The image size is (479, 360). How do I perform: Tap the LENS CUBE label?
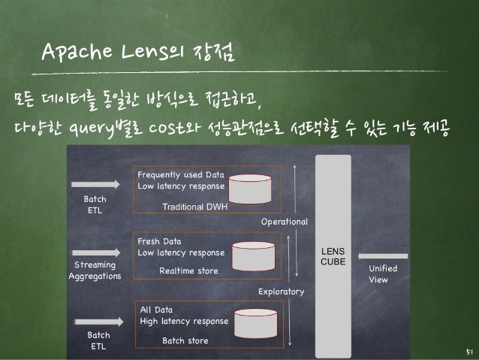pyautogui.click(x=332, y=255)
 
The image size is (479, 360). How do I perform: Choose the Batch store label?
pyautogui.click(x=185, y=340)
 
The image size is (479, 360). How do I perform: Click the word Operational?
pyautogui.click(x=284, y=222)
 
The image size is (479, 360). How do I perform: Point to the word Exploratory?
pyautogui.click(x=283, y=290)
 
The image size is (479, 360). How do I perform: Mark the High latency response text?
pyautogui.click(x=184, y=321)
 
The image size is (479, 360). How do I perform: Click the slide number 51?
pyautogui.click(x=465, y=350)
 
